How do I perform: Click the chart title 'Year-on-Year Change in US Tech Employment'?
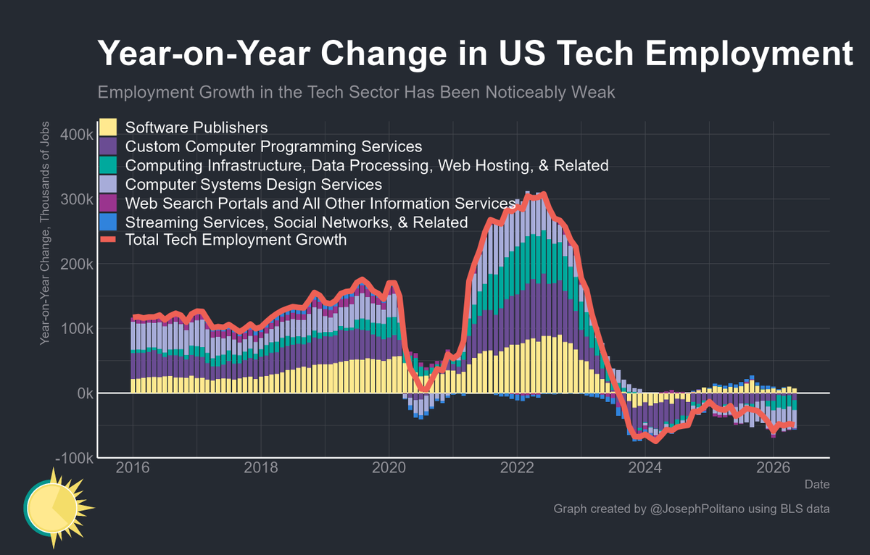(475, 54)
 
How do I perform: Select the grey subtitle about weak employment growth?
(356, 92)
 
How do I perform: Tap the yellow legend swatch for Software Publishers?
(108, 128)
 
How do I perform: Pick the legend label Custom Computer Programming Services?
(273, 146)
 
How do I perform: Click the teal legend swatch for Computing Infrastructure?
(108, 165)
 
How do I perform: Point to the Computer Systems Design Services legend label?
(254, 184)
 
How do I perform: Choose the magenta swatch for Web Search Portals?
(108, 203)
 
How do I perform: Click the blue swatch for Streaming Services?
(108, 222)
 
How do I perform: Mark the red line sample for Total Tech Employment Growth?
(108, 240)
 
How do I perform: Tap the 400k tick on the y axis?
(77, 135)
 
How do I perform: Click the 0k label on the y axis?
(85, 393)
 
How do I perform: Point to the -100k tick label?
(75, 458)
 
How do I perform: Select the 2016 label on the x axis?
(133, 467)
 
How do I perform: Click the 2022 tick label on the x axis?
(517, 467)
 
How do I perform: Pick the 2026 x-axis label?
(773, 467)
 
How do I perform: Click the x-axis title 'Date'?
(817, 485)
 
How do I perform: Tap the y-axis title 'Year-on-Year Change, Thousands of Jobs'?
(45, 233)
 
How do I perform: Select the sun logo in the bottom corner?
(58, 508)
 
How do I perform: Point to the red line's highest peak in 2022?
(544, 193)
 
